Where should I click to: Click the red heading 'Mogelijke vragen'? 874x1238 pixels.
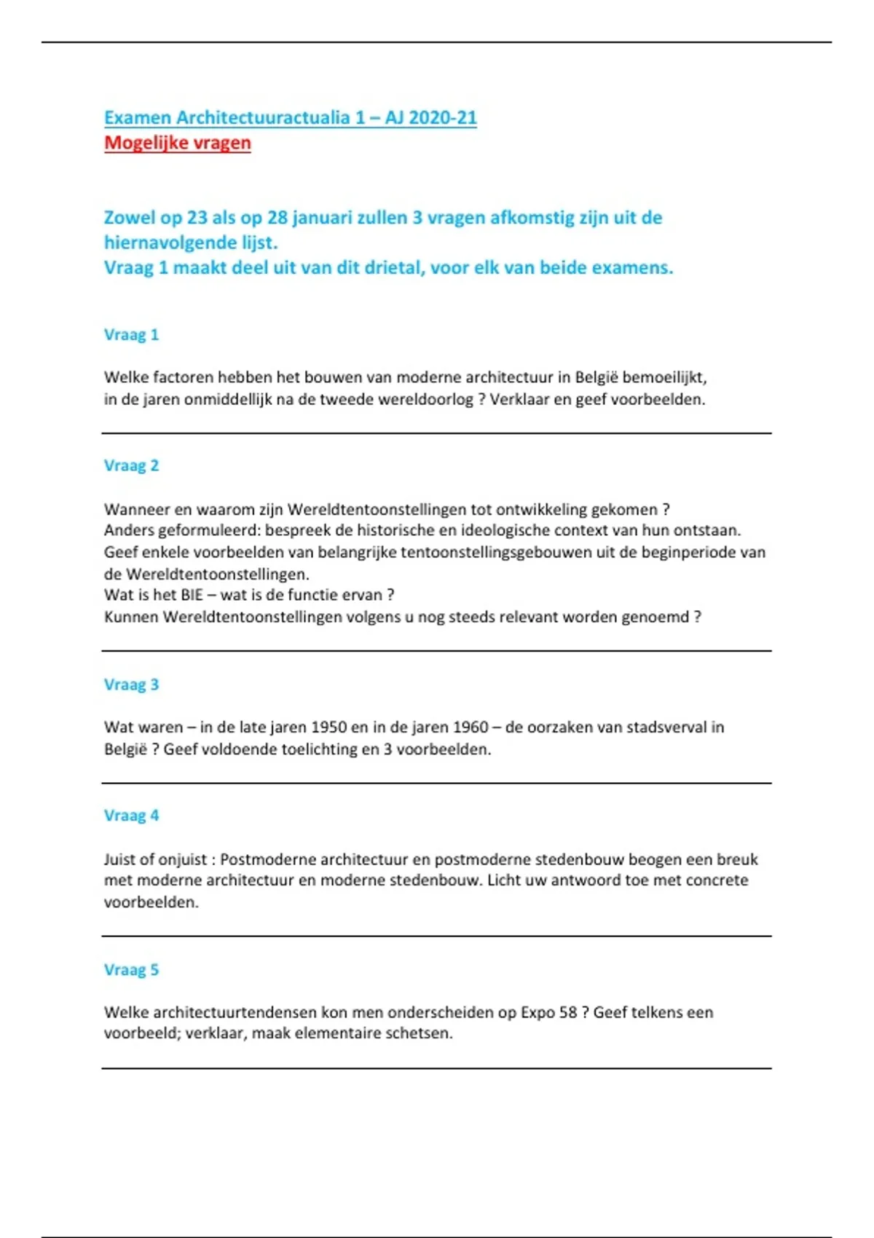[177, 143]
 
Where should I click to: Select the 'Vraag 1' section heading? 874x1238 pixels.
[131, 335]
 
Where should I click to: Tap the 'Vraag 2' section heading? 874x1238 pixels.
[131, 466]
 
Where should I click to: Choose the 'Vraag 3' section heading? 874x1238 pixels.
[131, 685]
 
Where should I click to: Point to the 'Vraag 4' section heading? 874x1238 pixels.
[131, 816]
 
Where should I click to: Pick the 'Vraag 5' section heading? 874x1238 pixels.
[131, 970]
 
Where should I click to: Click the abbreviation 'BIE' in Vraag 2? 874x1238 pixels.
[192, 595]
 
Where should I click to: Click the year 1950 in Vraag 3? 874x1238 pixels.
[328, 728]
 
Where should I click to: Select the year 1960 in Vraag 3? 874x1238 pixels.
[471, 728]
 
